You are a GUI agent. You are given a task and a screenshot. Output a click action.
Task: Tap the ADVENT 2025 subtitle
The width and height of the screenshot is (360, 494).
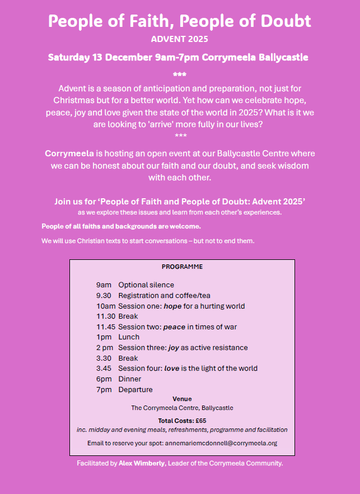click(179, 39)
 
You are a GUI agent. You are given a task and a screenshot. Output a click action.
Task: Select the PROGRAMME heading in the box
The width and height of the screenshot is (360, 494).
click(182, 267)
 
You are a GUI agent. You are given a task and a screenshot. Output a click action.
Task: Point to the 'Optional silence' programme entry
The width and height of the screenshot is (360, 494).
click(146, 285)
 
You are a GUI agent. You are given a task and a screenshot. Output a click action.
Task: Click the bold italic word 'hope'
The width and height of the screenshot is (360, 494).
click(173, 306)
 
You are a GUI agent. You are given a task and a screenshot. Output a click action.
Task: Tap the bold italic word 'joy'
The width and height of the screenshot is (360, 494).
click(173, 348)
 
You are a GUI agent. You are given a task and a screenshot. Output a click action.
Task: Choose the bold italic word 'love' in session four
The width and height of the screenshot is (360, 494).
click(172, 369)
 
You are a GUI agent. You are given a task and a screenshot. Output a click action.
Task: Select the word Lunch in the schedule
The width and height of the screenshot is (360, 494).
click(129, 337)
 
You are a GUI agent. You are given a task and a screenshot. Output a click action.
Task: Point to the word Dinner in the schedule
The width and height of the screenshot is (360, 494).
click(130, 379)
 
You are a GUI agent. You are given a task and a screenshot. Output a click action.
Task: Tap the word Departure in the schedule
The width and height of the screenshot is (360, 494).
click(135, 389)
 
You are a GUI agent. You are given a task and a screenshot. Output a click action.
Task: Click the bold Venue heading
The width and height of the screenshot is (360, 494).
click(182, 399)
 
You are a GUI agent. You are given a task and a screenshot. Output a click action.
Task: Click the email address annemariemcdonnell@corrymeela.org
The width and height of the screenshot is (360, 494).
click(221, 442)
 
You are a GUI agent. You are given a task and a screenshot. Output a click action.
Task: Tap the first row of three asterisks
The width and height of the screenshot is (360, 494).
click(180, 74)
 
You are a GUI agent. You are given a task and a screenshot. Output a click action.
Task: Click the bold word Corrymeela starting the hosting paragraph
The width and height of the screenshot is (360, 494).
click(69, 153)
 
